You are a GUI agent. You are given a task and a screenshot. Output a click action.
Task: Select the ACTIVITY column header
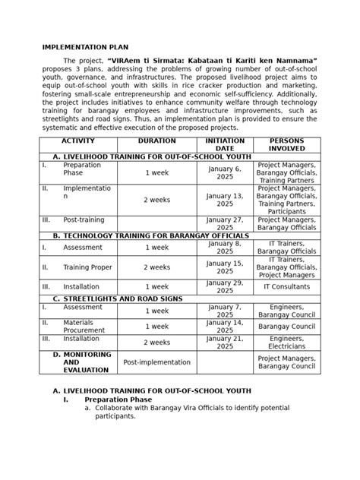point(78,142)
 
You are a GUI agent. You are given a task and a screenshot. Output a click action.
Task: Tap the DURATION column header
point(156,142)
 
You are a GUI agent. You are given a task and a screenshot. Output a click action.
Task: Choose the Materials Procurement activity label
point(84,326)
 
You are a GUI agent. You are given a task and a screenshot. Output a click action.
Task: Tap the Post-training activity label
point(84,219)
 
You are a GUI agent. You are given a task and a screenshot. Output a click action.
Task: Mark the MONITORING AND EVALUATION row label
point(87,362)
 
